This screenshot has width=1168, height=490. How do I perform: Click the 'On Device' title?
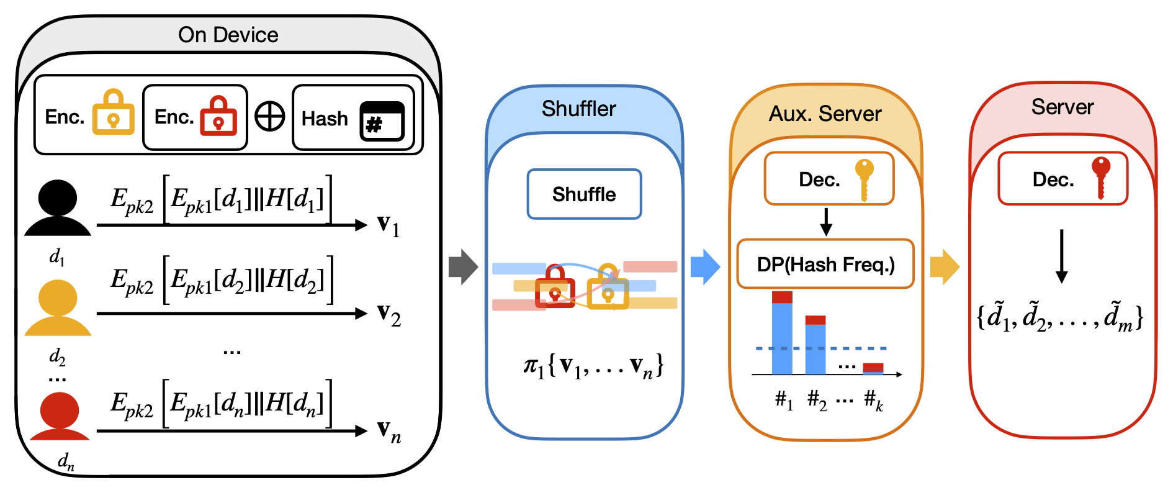(228, 35)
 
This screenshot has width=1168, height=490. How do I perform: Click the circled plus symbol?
(270, 116)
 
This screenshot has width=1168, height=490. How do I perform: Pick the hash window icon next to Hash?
(382, 121)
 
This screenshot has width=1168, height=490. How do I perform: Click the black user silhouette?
(58, 208)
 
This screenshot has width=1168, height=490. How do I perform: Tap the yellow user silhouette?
(58, 308)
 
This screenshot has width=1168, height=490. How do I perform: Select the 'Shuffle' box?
(584, 194)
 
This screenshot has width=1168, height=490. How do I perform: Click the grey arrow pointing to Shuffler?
(463, 267)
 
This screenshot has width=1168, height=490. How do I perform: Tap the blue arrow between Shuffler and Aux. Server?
(705, 267)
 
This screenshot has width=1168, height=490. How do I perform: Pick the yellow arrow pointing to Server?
(945, 267)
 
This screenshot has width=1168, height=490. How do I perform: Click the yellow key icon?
(864, 178)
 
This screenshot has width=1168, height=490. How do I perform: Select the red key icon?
(1101, 176)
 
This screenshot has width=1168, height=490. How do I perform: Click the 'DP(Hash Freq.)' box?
(825, 265)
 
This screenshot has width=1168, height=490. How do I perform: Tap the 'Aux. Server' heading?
(825, 114)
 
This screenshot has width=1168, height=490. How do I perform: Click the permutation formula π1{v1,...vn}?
(593, 366)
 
